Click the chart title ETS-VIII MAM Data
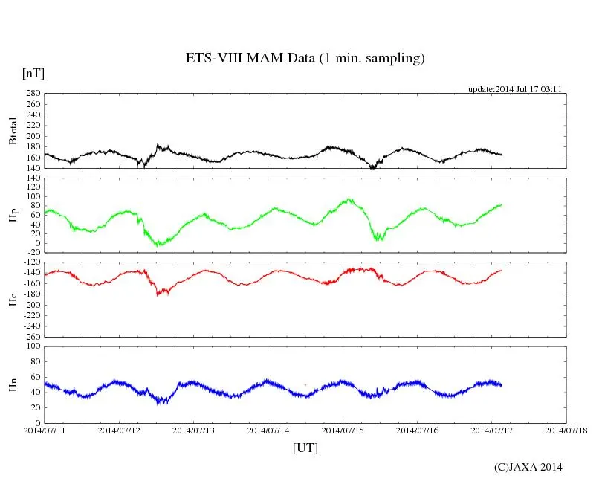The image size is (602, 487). pyautogui.click(x=305, y=59)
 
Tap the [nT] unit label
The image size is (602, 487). pyautogui.click(x=33, y=73)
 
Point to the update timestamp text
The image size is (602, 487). pyautogui.click(x=514, y=89)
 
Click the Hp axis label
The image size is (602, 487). pyautogui.click(x=13, y=215)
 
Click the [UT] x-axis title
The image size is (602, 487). pyautogui.click(x=305, y=448)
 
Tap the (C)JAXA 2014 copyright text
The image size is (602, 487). pyautogui.click(x=528, y=467)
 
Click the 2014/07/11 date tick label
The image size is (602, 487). pyautogui.click(x=45, y=430)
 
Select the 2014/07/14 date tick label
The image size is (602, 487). pyautogui.click(x=268, y=430)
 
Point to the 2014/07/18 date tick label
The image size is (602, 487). pyautogui.click(x=566, y=430)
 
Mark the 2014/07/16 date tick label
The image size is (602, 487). pyautogui.click(x=418, y=430)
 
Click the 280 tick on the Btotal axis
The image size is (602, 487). pyautogui.click(x=33, y=94)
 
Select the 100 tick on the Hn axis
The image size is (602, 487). pyautogui.click(x=33, y=346)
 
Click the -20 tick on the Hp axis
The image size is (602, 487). pyautogui.click(x=33, y=252)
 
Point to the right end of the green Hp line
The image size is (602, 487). pyautogui.click(x=501, y=204)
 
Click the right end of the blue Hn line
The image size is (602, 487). pyautogui.click(x=501, y=385)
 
